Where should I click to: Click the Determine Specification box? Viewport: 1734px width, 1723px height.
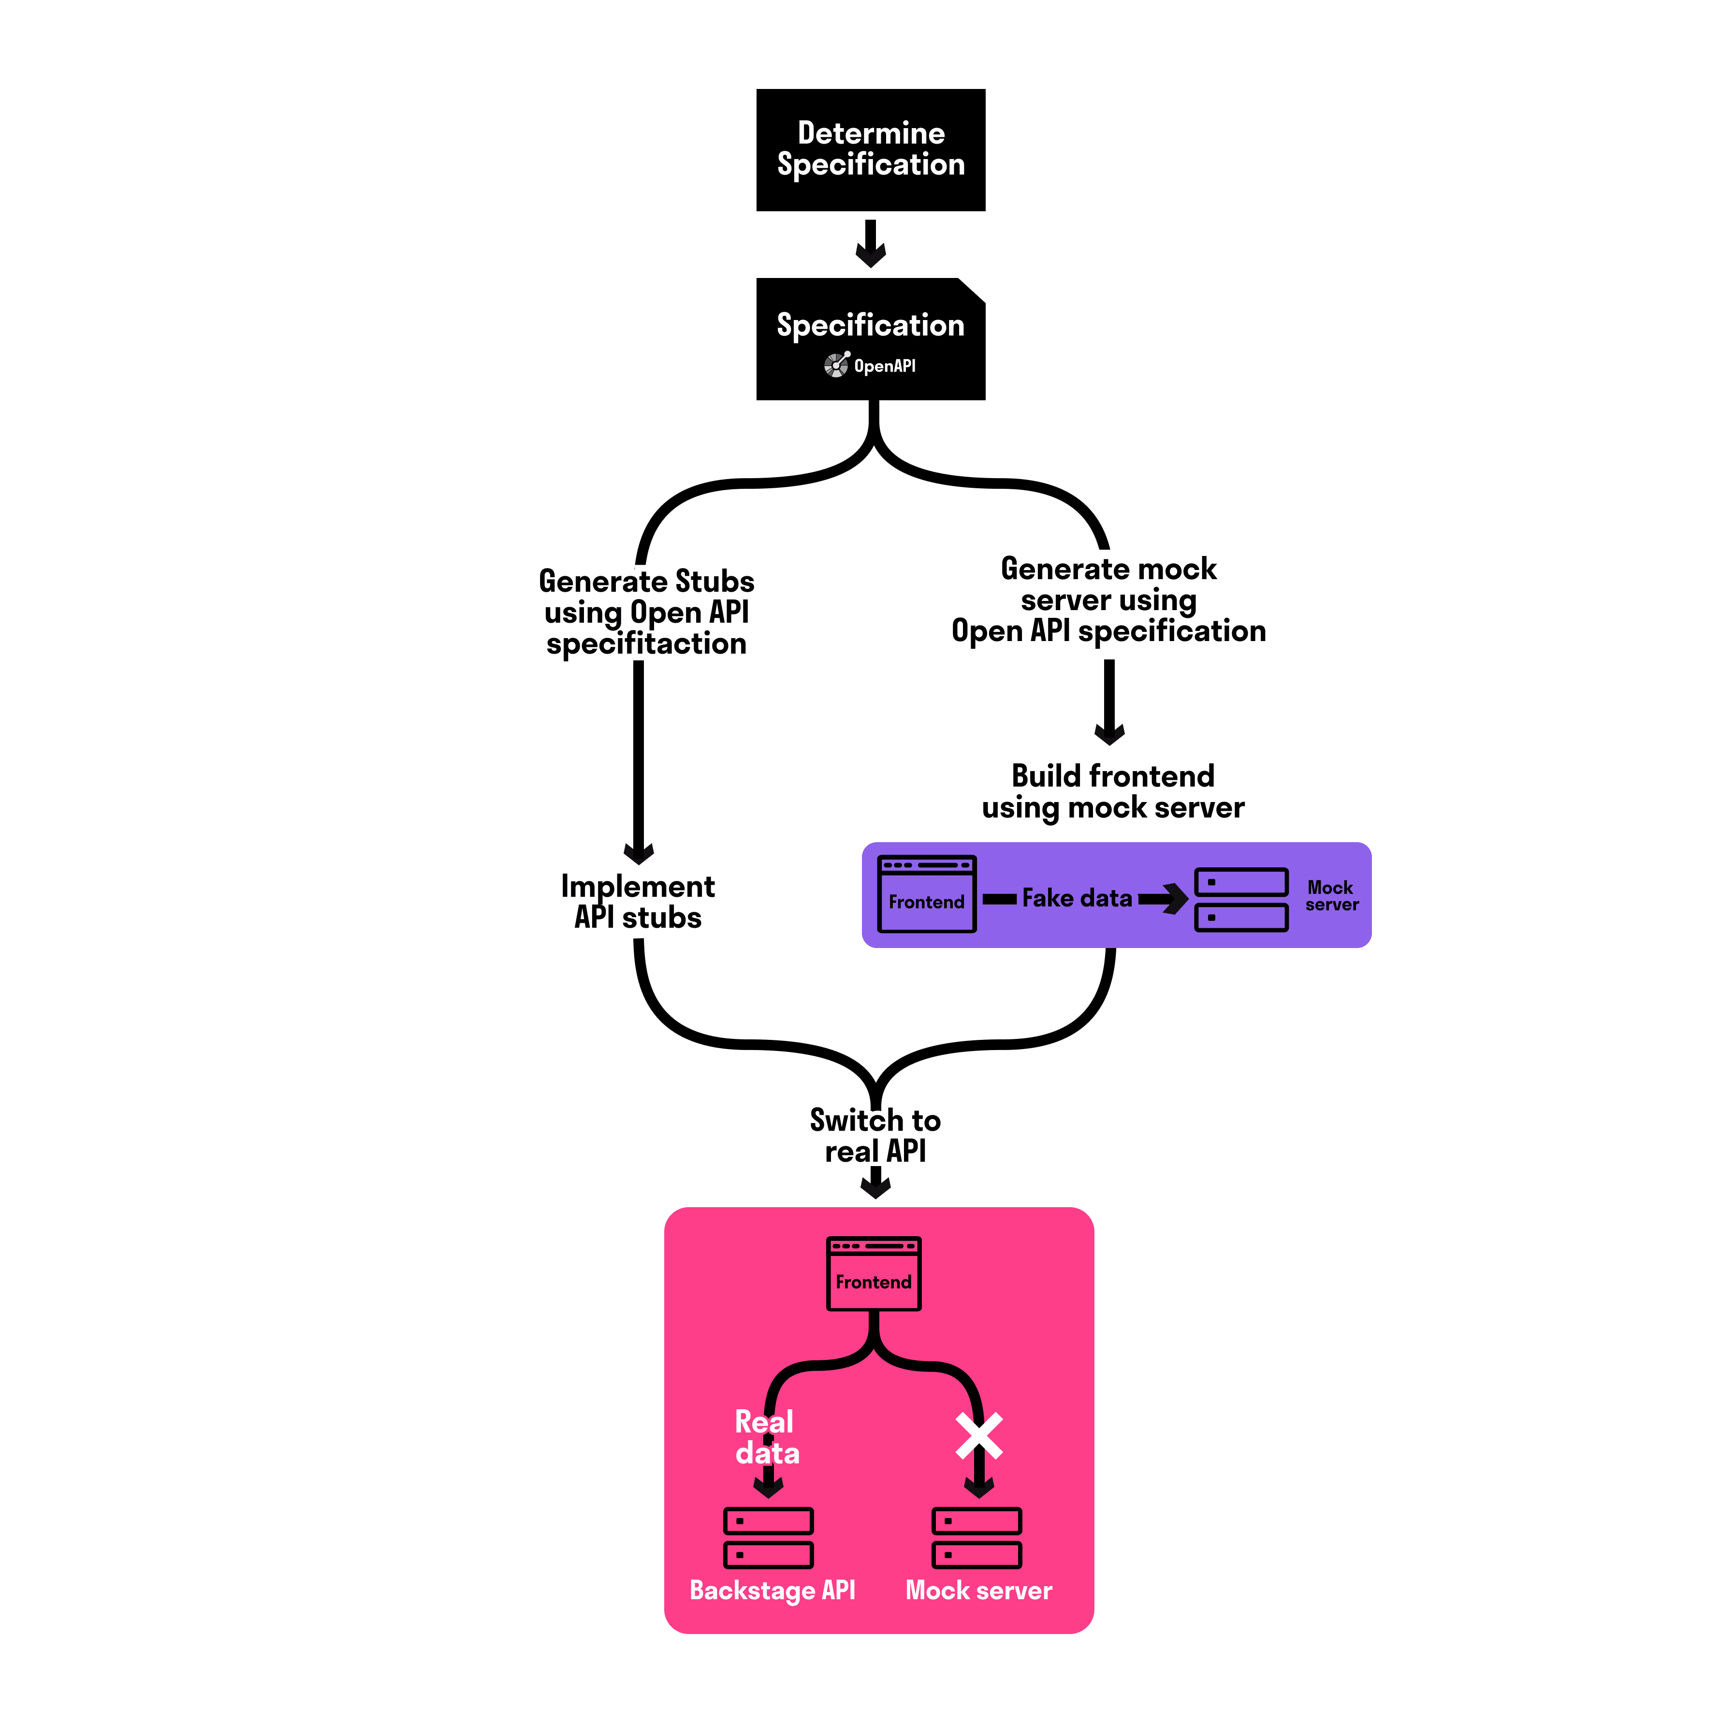[871, 150]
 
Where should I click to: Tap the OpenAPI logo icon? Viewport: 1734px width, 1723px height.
[836, 365]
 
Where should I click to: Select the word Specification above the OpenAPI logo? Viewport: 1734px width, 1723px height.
[871, 325]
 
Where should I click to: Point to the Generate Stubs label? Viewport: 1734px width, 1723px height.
[646, 582]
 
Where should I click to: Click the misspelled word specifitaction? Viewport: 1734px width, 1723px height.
[646, 643]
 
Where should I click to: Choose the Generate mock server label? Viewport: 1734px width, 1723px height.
[1108, 599]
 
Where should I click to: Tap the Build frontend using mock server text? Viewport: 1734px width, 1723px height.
[1113, 791]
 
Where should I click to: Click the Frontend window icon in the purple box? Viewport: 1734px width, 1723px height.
[926, 894]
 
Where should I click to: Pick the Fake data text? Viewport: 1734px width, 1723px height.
[1077, 898]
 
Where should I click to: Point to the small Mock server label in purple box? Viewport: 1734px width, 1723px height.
[1331, 896]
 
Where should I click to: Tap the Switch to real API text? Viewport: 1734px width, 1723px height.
[875, 1135]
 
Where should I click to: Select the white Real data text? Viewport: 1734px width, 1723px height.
[766, 1437]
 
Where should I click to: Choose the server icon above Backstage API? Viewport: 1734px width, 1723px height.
[768, 1537]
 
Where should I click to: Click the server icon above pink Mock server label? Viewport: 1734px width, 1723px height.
[976, 1537]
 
